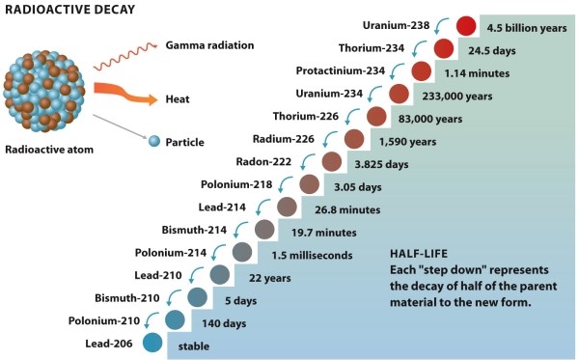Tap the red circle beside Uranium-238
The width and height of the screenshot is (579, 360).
coord(466,27)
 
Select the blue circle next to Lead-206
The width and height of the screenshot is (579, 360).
coord(152,341)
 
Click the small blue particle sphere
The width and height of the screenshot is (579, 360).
coord(153,141)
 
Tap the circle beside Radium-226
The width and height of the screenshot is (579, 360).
coord(353,139)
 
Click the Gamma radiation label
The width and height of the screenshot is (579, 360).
coord(208,45)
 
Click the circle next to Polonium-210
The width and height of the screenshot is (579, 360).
coord(175,319)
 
